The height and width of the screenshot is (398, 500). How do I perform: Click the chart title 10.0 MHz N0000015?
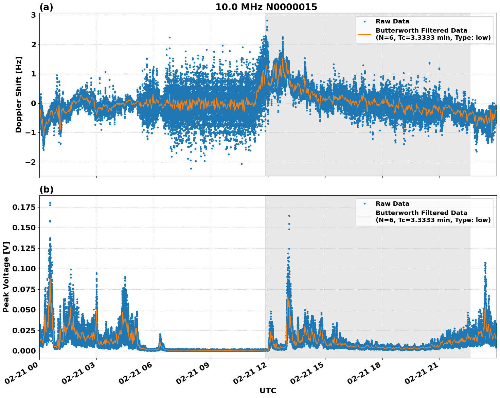pyautogui.click(x=266, y=7)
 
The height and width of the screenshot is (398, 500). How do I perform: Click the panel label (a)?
pyautogui.click(x=46, y=7)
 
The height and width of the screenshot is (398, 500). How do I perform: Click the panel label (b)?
pyautogui.click(x=46, y=189)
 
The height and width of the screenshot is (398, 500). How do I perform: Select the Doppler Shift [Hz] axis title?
pyautogui.click(x=19, y=94)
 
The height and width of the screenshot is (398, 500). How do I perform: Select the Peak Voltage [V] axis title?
pyautogui.click(x=6, y=277)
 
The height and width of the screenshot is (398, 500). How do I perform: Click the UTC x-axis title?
pyautogui.click(x=268, y=391)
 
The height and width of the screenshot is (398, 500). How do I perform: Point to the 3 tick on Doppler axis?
pyautogui.click(x=34, y=15)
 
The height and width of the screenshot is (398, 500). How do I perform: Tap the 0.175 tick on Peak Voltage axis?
pyautogui.click(x=24, y=207)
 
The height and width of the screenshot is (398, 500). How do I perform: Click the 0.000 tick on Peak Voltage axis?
pyautogui.click(x=24, y=351)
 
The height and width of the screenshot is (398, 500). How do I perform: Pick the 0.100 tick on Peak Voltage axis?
pyautogui.click(x=24, y=269)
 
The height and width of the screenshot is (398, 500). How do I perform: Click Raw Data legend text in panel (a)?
pyautogui.click(x=392, y=22)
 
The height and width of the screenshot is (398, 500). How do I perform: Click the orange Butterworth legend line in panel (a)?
pyautogui.click(x=364, y=34)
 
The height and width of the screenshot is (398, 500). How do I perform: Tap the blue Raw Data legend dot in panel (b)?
pyautogui.click(x=364, y=204)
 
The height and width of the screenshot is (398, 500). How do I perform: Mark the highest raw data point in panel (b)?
pyautogui.click(x=50, y=203)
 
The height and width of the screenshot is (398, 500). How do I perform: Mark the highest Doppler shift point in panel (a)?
pyautogui.click(x=267, y=20)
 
